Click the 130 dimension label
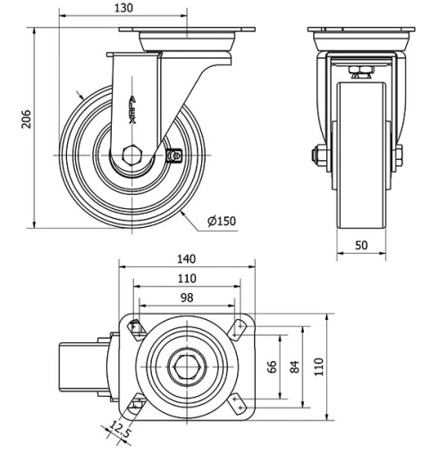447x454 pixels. (x=124, y=9)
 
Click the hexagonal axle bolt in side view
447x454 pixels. (x=131, y=153)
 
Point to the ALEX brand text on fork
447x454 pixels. (x=132, y=111)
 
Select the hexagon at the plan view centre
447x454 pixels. (x=186, y=366)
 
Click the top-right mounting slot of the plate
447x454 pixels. (x=237, y=328)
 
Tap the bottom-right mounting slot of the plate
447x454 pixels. (x=237, y=404)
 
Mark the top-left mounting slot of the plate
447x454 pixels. (x=135, y=328)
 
